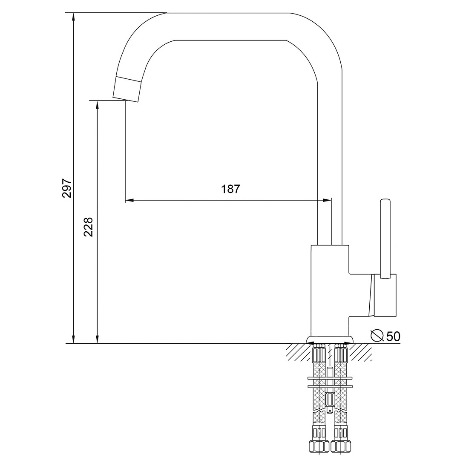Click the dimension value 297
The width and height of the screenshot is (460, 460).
[66, 188]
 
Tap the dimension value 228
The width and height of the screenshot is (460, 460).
[88, 227]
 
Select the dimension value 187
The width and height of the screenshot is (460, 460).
[230, 189]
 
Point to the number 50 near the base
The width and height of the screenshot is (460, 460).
[393, 336]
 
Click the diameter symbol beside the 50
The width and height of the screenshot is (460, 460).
[377, 336]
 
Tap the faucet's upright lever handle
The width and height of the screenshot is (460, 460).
[385, 239]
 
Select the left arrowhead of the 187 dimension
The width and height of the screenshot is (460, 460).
[129, 201]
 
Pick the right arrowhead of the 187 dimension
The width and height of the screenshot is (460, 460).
[327, 201]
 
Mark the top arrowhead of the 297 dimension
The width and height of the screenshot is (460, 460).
[74, 17]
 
